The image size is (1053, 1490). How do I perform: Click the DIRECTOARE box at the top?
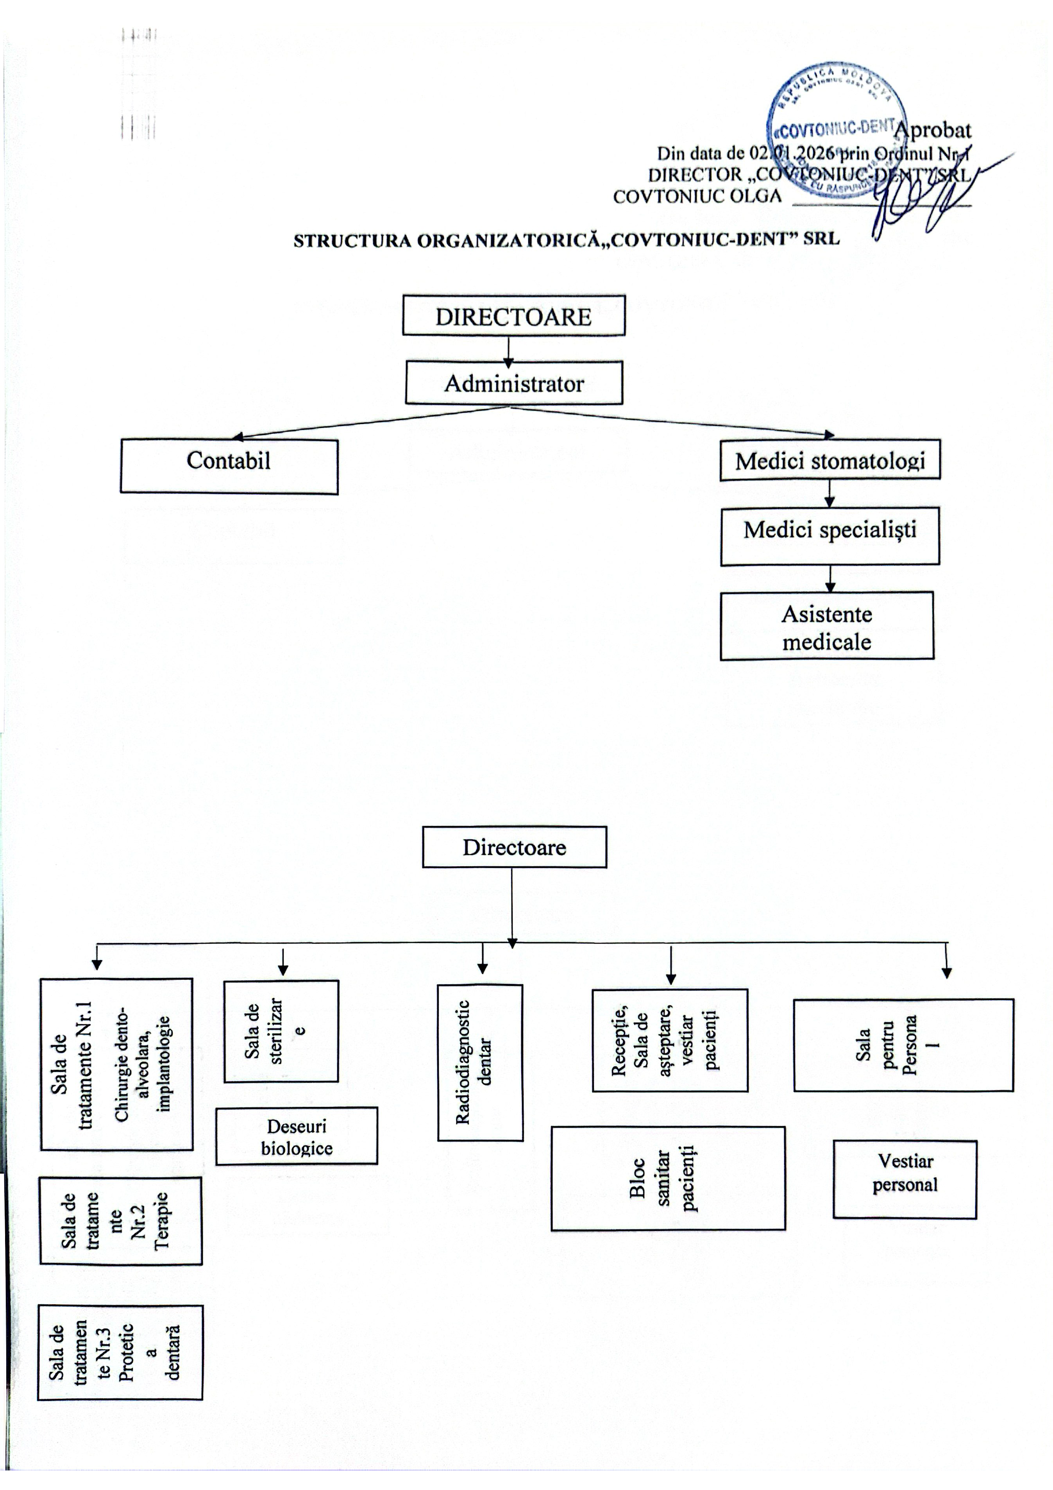point(513,316)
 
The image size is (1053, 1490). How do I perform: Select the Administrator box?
point(514,383)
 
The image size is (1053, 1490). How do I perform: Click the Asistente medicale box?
point(826,626)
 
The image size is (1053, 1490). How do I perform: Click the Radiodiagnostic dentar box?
point(480,1062)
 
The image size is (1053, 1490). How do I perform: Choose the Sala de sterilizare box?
point(281,1031)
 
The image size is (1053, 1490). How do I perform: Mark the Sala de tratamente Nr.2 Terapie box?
point(121,1221)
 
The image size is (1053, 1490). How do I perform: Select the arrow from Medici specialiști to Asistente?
point(830,578)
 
